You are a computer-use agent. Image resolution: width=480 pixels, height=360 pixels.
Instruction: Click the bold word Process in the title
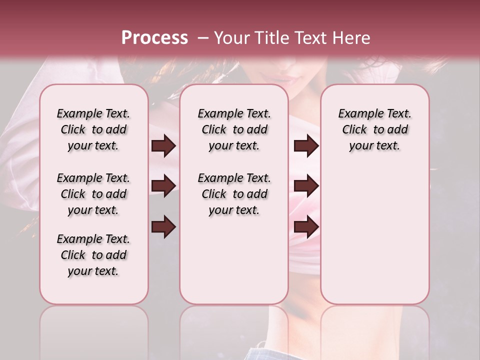click(154, 38)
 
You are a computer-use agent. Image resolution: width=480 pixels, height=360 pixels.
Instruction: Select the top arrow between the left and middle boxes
click(163, 146)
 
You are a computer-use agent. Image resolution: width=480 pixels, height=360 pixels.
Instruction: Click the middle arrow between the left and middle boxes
click(163, 186)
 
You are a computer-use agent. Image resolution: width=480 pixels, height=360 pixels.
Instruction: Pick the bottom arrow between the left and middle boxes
click(163, 226)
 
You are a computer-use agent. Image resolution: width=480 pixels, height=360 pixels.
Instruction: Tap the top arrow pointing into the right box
click(306, 146)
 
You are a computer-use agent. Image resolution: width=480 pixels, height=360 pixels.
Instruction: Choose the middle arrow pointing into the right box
click(306, 186)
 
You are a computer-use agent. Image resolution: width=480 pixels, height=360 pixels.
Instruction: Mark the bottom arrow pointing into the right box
click(306, 226)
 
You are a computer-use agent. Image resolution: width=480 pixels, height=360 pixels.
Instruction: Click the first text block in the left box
click(93, 129)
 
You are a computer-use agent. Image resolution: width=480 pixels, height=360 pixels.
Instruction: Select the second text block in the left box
click(93, 194)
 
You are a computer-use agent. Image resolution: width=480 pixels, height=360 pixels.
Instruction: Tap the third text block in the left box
click(93, 255)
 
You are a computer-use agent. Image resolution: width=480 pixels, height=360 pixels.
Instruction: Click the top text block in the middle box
click(234, 129)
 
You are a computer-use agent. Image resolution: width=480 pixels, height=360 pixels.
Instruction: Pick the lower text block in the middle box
click(234, 194)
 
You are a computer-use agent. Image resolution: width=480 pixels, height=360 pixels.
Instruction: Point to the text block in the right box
click(374, 129)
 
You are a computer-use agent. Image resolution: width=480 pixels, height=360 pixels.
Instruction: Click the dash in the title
click(203, 38)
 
